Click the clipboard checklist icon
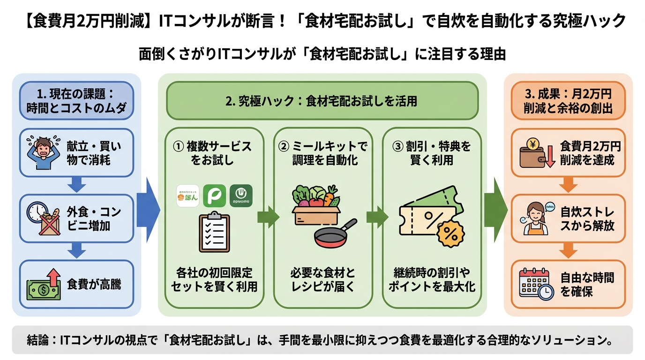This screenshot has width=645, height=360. pyautogui.click(x=214, y=233)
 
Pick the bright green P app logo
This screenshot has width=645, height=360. pyautogui.click(x=214, y=195)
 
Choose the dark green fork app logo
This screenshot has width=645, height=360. pyautogui.click(x=241, y=195)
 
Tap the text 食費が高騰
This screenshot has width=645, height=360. pyautogui.click(x=94, y=285)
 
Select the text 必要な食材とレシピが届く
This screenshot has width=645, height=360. pyautogui.click(x=322, y=279)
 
